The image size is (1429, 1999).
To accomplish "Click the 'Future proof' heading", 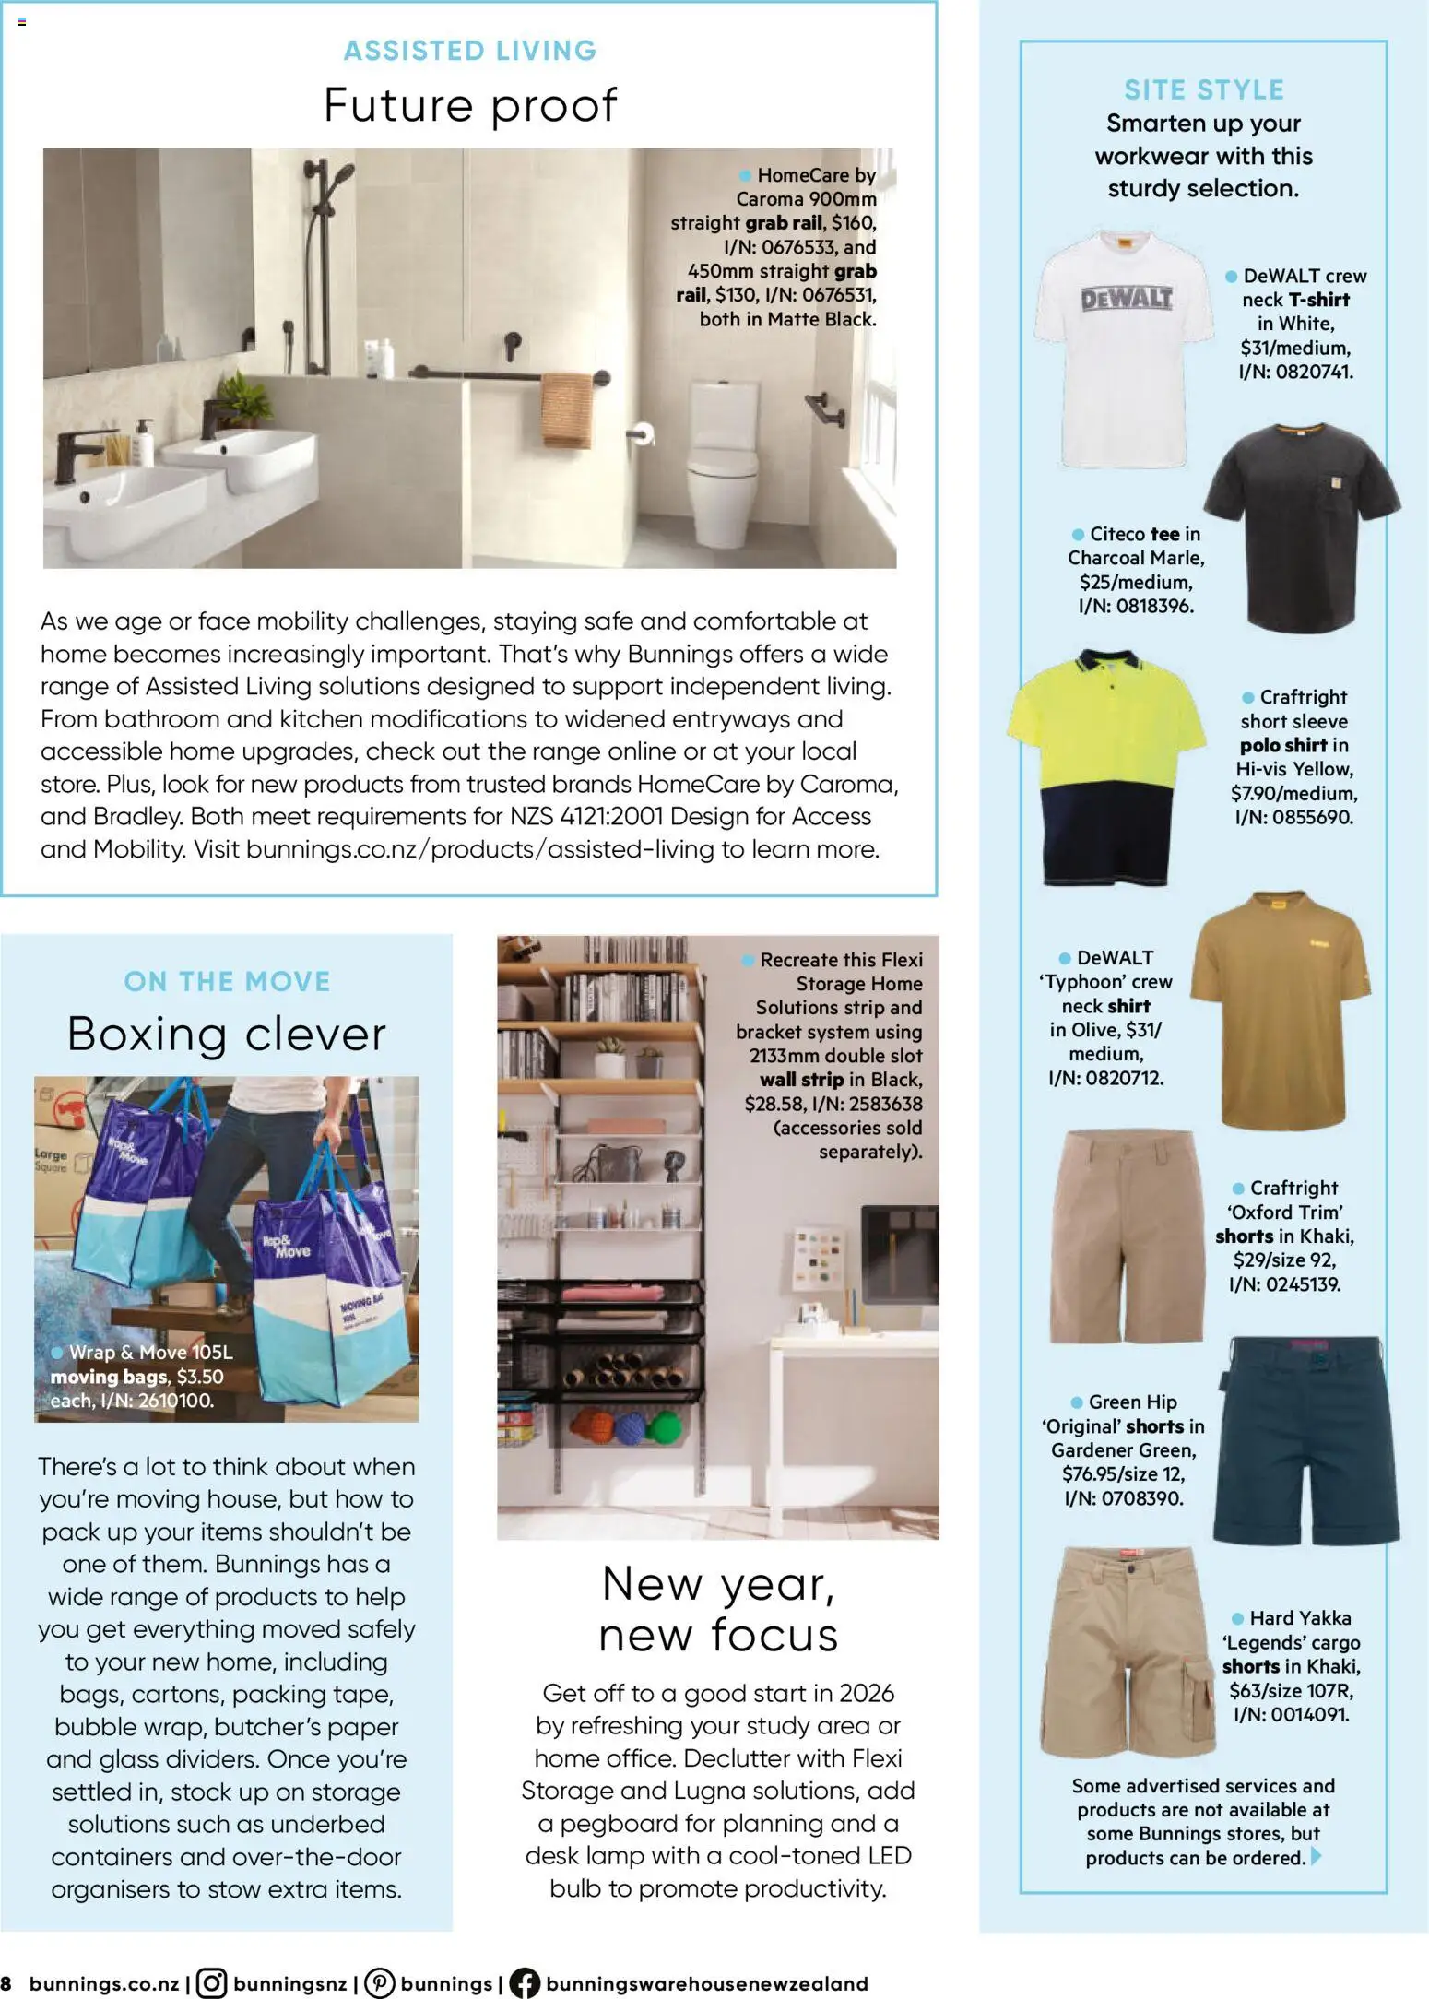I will coord(469,105).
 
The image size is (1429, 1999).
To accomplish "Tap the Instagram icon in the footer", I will coord(211,1983).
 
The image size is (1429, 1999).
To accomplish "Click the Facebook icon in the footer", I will coord(524,1983).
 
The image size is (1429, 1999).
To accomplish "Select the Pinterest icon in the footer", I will coord(379,1983).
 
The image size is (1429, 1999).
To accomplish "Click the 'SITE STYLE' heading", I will coord(1203,89).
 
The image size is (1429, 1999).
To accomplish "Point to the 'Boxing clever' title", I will coord(227,1034).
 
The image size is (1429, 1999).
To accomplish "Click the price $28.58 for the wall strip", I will coord(775,1104).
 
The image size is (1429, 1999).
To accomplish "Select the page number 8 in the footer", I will coord(7,1983).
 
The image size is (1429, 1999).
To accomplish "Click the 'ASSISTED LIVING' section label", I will coord(470,51).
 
